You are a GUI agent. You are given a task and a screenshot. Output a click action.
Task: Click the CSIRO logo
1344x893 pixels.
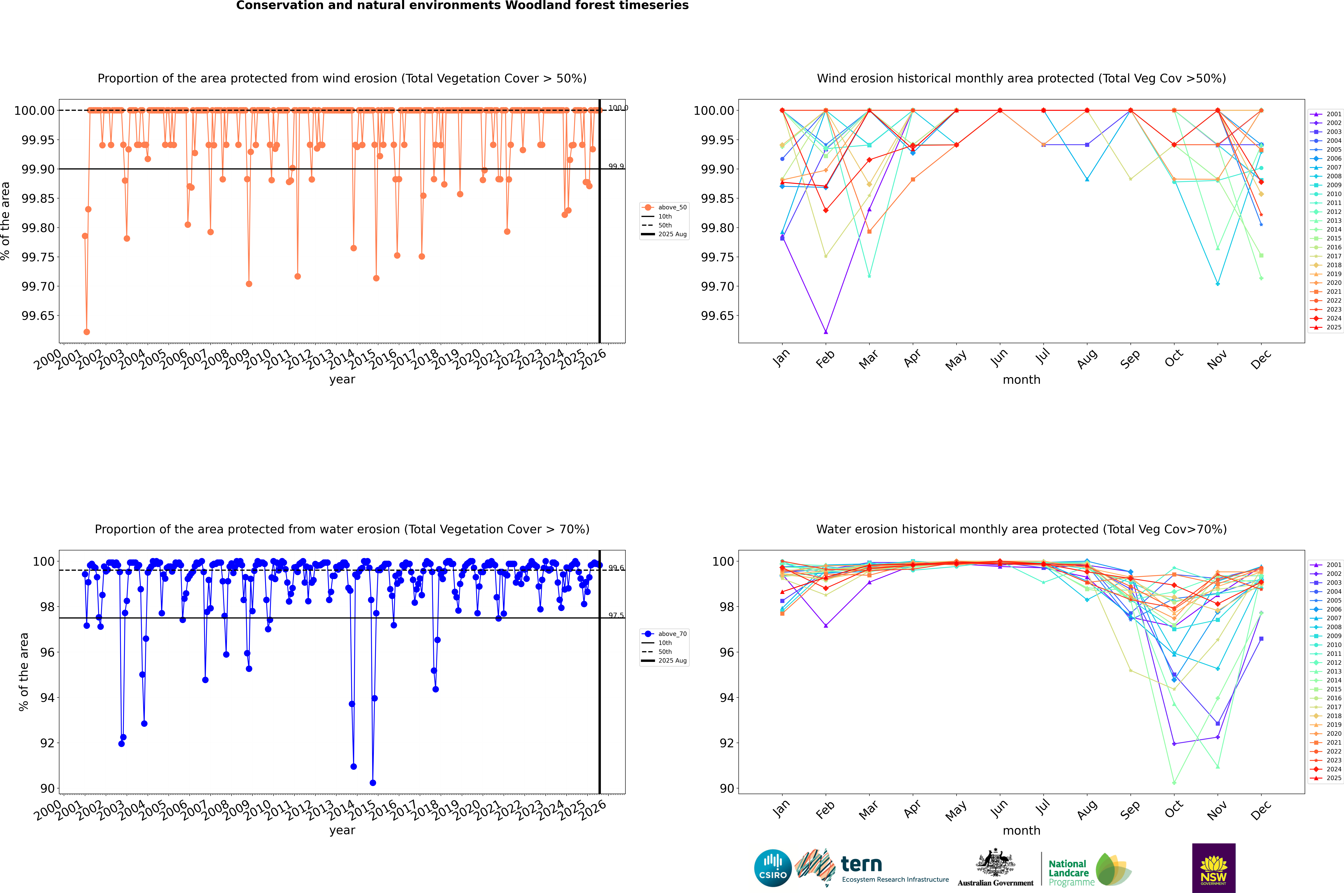pos(773,868)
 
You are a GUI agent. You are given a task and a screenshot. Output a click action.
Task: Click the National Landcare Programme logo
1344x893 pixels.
pos(1089,870)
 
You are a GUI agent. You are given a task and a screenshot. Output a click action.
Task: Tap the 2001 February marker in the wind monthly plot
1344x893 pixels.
pos(826,331)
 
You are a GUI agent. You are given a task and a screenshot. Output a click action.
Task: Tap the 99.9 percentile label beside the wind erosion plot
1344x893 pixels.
pos(616,166)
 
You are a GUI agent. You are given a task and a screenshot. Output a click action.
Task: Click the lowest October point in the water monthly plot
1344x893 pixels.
pos(1174,782)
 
